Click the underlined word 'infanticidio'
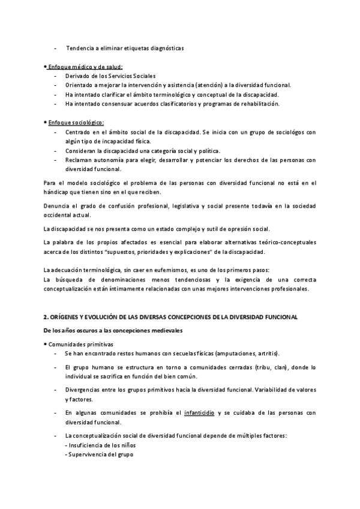(200, 412)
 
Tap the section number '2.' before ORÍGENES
(47, 316)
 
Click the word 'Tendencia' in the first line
(80, 47)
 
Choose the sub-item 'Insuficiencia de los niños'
(99, 445)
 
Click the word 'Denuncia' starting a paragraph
(58, 205)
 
